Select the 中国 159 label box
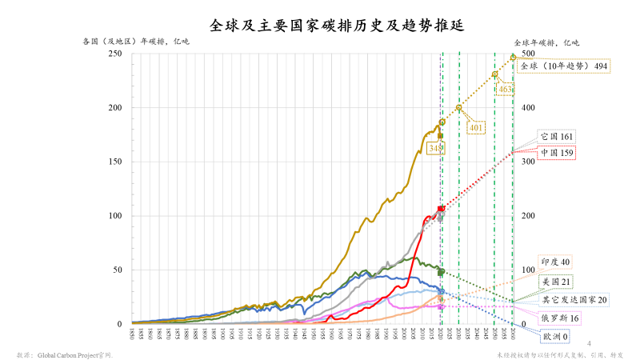(558, 153)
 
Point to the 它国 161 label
(558, 137)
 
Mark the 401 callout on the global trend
(478, 127)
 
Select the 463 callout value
(506, 89)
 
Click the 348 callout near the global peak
(436, 148)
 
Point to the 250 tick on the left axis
(115, 54)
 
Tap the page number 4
(589, 343)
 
